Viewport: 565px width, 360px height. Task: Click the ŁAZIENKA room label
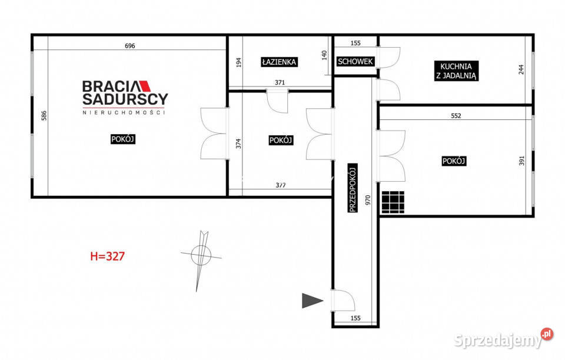pyautogui.click(x=279, y=62)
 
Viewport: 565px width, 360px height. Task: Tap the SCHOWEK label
pyautogui.click(x=355, y=62)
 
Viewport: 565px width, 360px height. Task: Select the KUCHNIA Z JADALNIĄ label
pyautogui.click(x=456, y=71)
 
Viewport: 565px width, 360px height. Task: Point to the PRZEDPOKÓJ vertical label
pyautogui.click(x=353, y=188)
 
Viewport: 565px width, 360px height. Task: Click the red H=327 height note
pyautogui.click(x=107, y=256)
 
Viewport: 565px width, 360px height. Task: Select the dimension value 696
pyautogui.click(x=129, y=46)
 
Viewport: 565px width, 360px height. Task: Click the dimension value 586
pyautogui.click(x=44, y=115)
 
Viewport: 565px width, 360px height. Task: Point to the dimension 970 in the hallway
pyautogui.click(x=368, y=200)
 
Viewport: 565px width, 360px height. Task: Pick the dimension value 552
pyautogui.click(x=456, y=116)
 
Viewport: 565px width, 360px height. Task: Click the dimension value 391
pyautogui.click(x=522, y=161)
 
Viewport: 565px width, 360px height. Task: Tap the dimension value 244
pyautogui.click(x=521, y=69)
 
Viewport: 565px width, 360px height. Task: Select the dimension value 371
pyautogui.click(x=280, y=82)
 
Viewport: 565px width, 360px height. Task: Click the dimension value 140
pyautogui.click(x=324, y=55)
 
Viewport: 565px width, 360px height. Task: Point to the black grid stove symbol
pyautogui.click(x=393, y=202)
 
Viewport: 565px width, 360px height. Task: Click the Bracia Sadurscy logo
pyautogui.click(x=125, y=97)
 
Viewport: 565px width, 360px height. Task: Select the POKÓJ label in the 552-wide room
pyautogui.click(x=454, y=161)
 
